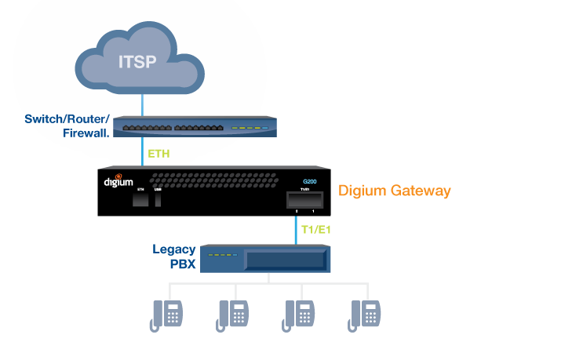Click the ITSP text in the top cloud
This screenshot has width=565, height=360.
point(137,62)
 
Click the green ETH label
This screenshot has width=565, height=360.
point(159,154)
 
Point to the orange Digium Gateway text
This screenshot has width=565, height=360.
point(395,191)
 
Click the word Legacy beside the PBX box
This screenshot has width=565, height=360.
point(174,250)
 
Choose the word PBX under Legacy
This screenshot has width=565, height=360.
point(183,264)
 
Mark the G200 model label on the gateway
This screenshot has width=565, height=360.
point(310,182)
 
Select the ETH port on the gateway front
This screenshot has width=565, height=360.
point(141,200)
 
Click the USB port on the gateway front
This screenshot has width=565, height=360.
point(159,200)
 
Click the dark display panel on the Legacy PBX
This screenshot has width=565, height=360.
point(285,260)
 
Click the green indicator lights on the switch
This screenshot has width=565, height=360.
point(249,128)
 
